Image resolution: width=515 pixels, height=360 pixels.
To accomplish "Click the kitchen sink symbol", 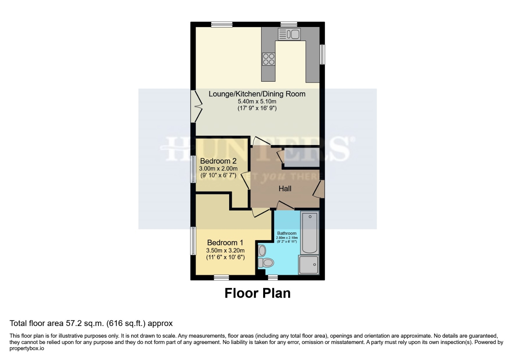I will [289, 34].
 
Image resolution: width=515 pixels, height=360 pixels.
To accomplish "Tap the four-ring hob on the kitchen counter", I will [269, 59].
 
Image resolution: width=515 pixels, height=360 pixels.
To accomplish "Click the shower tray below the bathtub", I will [309, 265].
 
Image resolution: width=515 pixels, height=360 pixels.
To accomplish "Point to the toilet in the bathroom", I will [266, 263].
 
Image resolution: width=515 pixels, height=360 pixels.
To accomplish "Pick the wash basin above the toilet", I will [262, 250].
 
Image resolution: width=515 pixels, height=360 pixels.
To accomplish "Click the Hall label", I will [285, 189].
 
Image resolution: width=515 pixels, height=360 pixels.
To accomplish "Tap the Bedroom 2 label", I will [218, 161].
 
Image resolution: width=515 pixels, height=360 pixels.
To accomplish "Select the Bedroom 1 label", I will [225, 243].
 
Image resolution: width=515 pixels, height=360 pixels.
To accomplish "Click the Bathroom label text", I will [287, 233].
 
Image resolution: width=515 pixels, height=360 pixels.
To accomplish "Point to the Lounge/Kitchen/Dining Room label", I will [257, 94].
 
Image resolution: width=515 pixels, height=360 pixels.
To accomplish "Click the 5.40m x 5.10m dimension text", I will [257, 101].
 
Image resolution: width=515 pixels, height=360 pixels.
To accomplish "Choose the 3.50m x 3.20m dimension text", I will [225, 250].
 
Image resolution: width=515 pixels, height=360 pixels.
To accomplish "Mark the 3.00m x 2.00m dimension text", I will [218, 169].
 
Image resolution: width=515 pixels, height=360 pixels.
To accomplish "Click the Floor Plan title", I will [257, 293].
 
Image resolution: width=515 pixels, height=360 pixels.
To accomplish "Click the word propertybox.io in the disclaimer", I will [27, 348].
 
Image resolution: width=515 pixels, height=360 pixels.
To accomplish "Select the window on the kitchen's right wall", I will [322, 54].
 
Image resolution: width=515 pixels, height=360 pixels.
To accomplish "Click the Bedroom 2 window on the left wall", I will [193, 169].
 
